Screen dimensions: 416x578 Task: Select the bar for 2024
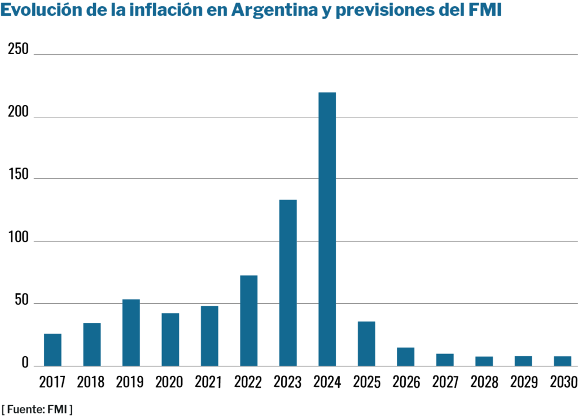point(327,229)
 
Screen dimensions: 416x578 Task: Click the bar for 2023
point(288,282)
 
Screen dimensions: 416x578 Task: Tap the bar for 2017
point(52,349)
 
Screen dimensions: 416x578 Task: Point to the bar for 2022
point(248,320)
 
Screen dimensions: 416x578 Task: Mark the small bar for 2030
point(562,361)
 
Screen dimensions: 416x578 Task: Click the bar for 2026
point(405,356)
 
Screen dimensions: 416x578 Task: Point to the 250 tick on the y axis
point(18,50)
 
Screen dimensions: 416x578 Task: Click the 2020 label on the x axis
point(170,382)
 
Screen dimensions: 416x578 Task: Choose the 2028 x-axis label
point(484,382)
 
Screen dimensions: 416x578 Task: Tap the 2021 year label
point(209,382)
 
